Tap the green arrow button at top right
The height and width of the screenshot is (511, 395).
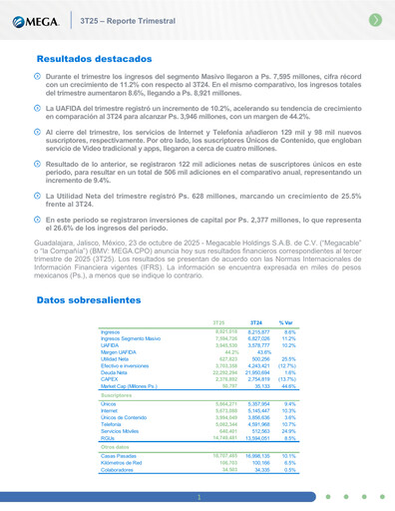pos(373,19)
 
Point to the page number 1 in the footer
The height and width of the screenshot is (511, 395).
pos(197,496)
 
